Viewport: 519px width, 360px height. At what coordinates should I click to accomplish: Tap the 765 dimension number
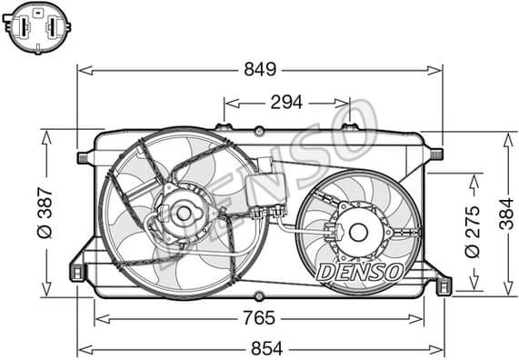259,318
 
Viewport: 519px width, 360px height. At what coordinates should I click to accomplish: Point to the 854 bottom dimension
260,348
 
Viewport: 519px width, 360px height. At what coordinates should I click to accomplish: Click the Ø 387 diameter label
46,212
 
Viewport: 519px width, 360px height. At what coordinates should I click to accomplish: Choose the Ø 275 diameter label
472,233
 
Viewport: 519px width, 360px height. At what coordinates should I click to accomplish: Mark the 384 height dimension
506,213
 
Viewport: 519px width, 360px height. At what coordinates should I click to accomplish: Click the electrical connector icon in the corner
37,27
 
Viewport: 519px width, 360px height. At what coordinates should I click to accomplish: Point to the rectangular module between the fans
265,190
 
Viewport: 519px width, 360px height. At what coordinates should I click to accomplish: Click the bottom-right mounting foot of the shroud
443,286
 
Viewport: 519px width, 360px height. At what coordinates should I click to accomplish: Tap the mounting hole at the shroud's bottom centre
259,295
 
